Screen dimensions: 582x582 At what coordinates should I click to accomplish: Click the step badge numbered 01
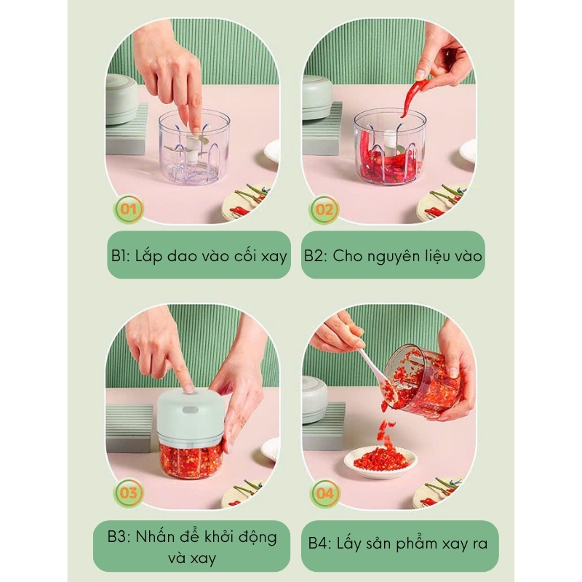click(x=129, y=210)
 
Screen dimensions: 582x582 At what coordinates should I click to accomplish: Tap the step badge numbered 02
click(x=324, y=210)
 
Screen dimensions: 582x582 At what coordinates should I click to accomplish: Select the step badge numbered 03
click(x=129, y=493)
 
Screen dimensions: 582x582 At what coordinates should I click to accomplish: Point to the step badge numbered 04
click(x=324, y=494)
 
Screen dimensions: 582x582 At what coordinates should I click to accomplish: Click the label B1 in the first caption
click(x=120, y=256)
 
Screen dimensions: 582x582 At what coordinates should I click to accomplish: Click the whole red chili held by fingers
click(x=412, y=97)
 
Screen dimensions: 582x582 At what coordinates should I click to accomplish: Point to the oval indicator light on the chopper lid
click(x=190, y=410)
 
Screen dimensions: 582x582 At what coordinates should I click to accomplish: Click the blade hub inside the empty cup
click(x=193, y=147)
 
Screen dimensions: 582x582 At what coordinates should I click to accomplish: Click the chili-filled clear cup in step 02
click(x=388, y=147)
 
